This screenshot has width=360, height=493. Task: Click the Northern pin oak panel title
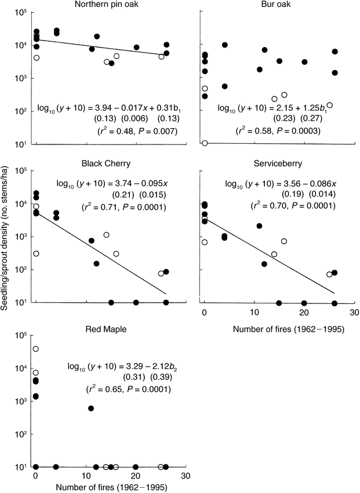click(101, 5)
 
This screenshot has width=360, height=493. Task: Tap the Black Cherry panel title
click(101, 163)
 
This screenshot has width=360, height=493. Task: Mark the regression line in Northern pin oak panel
click(99, 48)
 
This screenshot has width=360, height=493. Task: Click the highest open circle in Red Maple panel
click(36, 349)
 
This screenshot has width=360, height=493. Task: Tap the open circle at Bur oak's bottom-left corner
click(205, 143)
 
